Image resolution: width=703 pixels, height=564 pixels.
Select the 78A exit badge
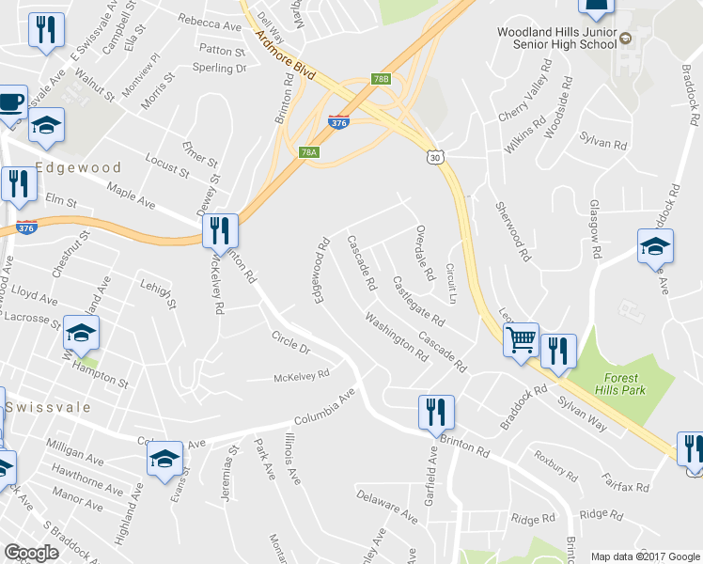tap(309, 151)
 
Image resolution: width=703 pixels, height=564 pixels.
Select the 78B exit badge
tap(380, 79)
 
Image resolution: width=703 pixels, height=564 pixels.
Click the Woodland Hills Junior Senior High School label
tap(557, 39)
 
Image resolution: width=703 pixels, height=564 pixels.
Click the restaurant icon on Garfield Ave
tap(436, 412)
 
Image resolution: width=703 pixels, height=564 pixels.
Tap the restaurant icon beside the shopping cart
tap(558, 351)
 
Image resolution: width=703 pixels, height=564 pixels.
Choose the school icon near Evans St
tap(164, 458)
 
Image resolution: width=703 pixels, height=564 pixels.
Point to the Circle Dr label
tap(290, 343)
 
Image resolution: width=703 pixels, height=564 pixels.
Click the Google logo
tap(31, 553)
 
